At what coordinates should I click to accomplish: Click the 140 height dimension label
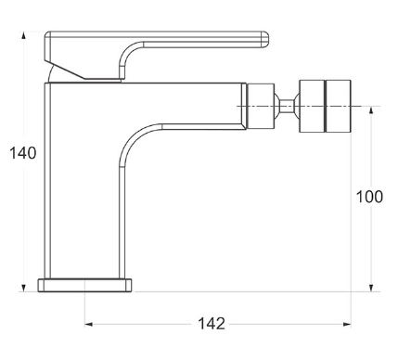pyautogui.click(x=23, y=153)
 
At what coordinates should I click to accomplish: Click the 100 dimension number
pyautogui.click(x=369, y=197)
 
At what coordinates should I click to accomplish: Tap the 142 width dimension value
pyautogui.click(x=212, y=324)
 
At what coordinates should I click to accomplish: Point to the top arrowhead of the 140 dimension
pyautogui.click(x=23, y=35)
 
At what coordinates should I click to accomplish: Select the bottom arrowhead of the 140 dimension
pyautogui.click(x=23, y=288)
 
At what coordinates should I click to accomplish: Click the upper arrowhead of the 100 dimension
pyautogui.click(x=371, y=110)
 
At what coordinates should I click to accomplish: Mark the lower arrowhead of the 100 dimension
pyautogui.click(x=371, y=288)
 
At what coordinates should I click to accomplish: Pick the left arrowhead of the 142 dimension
pyautogui.click(x=89, y=324)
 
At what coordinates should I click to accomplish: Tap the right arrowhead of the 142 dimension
pyautogui.click(x=347, y=324)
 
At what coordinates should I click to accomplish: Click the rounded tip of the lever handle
pyautogui.click(x=265, y=39)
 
